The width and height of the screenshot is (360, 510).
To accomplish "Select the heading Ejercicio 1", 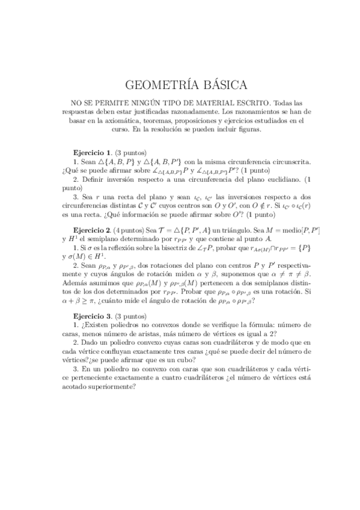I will point(91,153).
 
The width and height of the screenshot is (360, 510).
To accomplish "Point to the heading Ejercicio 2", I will point(91,230).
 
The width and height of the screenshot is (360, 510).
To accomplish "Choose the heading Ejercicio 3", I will point(91,316).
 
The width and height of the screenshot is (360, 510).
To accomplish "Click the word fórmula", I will point(257,325).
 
